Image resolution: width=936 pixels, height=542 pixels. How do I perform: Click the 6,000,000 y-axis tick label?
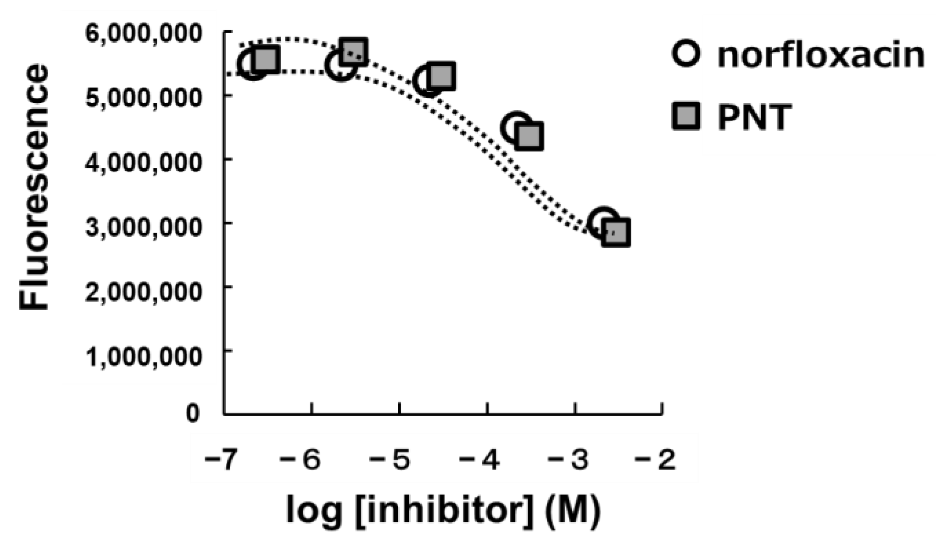point(143,34)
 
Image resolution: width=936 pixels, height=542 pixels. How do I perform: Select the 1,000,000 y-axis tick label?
point(143,355)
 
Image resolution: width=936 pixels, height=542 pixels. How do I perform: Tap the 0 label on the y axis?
point(193,413)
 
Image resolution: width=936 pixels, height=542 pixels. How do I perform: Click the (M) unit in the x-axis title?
point(573,510)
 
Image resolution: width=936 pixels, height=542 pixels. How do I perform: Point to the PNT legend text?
point(755,117)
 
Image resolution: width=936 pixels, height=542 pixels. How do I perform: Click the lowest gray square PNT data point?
point(616,233)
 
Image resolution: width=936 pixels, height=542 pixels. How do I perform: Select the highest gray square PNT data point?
point(354,50)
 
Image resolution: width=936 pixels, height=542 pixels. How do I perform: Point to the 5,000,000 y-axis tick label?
point(143,98)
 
